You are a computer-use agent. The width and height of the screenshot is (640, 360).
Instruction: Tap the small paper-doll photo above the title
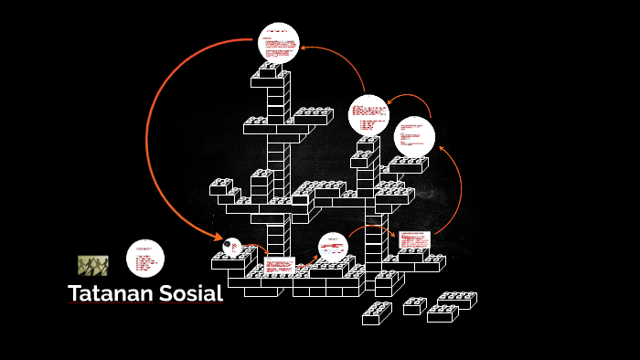[x=92, y=265]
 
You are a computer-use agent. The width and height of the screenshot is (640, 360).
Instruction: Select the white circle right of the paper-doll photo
[x=144, y=259]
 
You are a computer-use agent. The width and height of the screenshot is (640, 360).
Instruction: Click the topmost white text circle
[x=279, y=42]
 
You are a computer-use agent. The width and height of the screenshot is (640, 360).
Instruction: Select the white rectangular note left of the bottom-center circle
[x=279, y=265]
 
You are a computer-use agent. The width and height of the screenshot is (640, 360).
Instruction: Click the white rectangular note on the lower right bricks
[x=414, y=240]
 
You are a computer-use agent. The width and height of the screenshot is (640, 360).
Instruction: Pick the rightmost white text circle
[x=414, y=136]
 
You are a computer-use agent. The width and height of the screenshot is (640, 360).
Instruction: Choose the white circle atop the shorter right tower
[x=369, y=115]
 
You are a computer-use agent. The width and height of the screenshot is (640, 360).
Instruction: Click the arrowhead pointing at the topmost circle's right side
[x=304, y=48]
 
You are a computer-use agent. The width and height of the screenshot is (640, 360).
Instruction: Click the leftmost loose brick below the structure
[x=376, y=312]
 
